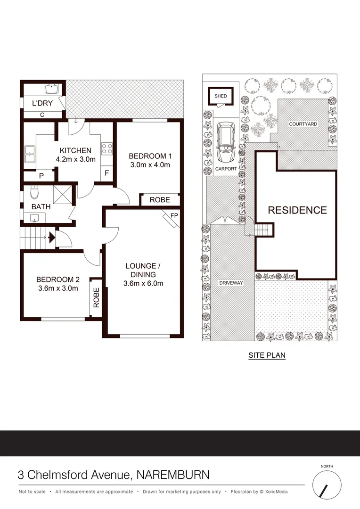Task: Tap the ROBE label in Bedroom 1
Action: coord(160,200)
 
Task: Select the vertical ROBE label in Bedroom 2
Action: coord(96,297)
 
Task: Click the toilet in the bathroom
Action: coord(33,193)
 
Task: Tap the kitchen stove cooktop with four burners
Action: coord(107,149)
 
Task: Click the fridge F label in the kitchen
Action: coord(107,173)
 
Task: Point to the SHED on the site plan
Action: coord(221,96)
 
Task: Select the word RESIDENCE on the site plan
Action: coord(297,210)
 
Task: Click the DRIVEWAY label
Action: coord(230,283)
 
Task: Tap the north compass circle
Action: coord(327,485)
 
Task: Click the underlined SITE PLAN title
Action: coord(267,355)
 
